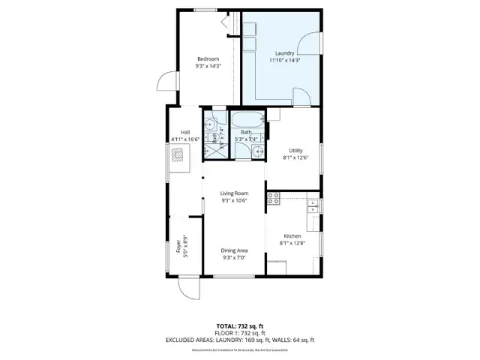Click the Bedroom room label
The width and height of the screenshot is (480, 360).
(208, 59)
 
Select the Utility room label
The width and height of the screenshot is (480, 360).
(295, 151)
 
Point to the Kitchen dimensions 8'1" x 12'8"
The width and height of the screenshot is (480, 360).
(293, 242)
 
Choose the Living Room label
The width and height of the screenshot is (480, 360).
(234, 193)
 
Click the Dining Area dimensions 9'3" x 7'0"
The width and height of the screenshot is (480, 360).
(234, 257)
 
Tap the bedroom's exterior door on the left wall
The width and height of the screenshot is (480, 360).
(166, 83)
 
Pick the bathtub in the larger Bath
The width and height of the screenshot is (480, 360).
(247, 118)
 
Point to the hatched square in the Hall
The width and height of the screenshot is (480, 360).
(178, 155)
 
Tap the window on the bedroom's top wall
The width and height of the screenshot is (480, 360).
(205, 10)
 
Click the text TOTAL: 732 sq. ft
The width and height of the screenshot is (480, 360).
(240, 325)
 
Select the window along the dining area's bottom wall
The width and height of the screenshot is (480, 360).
(233, 277)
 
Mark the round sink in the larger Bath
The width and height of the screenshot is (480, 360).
(257, 151)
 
